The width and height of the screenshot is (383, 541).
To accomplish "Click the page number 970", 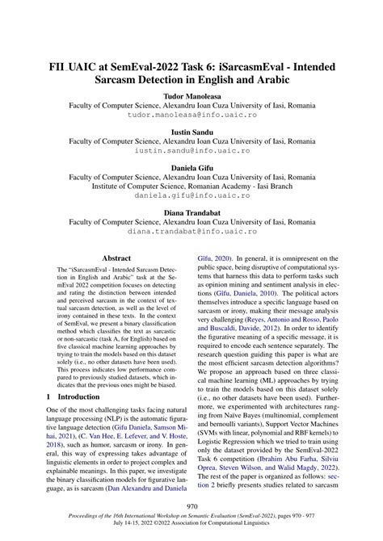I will click(x=191, y=507).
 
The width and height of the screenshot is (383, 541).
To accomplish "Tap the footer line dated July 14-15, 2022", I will click(x=191, y=528).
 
